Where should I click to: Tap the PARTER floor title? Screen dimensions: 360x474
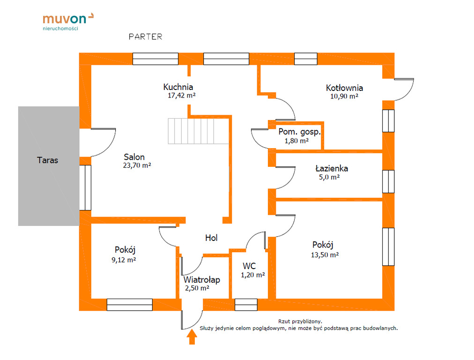pos(145,37)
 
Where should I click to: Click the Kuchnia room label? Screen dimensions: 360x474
pos(178,87)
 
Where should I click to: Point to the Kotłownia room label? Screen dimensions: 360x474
pos(344,88)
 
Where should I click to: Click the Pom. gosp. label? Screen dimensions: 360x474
pos(299,132)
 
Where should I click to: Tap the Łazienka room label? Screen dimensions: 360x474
pos(331,168)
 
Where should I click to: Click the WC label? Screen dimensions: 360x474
pos(249,266)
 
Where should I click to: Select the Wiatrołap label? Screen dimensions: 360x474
pos(201,280)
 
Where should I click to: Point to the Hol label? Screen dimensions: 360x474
pos(211,238)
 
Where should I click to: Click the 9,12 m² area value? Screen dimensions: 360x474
pos(124,259)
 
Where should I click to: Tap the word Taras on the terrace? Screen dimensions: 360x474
pos(48,160)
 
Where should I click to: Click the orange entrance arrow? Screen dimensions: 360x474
pos(192,337)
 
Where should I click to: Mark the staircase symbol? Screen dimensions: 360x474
pos(198,131)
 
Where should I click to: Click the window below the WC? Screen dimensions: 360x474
pos(246,305)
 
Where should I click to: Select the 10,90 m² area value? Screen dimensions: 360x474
pos(344,96)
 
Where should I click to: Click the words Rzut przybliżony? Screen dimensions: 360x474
pos(300,322)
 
